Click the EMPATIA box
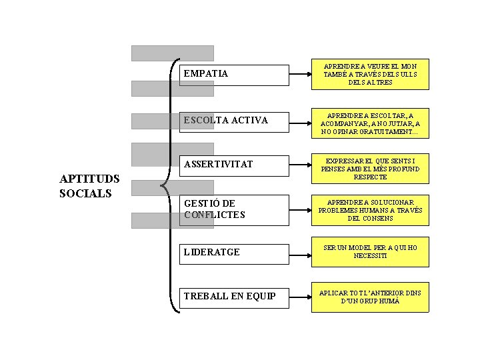(234, 75)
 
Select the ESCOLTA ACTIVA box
(234, 121)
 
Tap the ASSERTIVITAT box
(234, 165)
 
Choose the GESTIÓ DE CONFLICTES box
(234, 209)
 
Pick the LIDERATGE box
(234, 253)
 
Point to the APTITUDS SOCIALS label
(89, 186)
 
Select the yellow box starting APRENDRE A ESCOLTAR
(370, 123)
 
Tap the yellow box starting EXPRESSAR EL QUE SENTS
(370, 169)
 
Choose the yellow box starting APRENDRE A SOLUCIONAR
(370, 210)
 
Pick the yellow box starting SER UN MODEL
(370, 251)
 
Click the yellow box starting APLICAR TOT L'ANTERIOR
(370, 297)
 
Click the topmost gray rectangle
(172, 53)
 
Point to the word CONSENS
(379, 219)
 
